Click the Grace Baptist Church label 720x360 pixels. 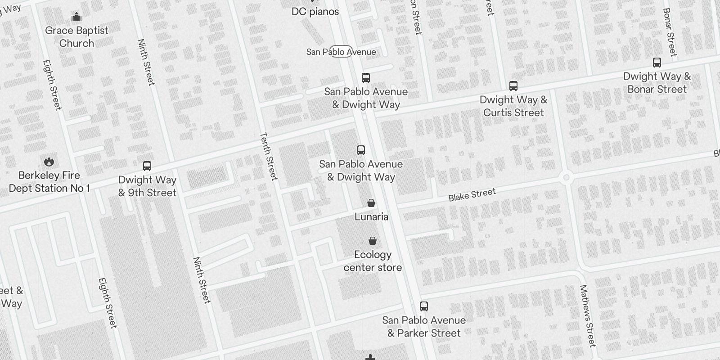pyautogui.click(x=76, y=37)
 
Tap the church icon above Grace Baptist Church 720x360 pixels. pyautogui.click(x=76, y=17)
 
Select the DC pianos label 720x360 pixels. pyautogui.click(x=315, y=12)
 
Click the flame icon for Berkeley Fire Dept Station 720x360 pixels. pyautogui.click(x=49, y=162)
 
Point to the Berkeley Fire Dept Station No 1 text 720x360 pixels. pyautogui.click(x=49, y=182)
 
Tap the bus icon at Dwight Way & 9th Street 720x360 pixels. pyautogui.click(x=147, y=166)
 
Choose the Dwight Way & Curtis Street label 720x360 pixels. pyautogui.click(x=513, y=106)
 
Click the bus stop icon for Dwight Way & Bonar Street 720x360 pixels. pyautogui.click(x=657, y=63)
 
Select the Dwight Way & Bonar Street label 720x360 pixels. pyautogui.click(x=657, y=83)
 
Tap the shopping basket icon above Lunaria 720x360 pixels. pyautogui.click(x=371, y=203)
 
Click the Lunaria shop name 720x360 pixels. pyautogui.click(x=371, y=217)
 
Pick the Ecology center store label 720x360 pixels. pyautogui.click(x=373, y=261)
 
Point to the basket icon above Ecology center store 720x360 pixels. pyautogui.click(x=373, y=241)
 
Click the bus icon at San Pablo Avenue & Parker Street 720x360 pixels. pyautogui.click(x=424, y=306)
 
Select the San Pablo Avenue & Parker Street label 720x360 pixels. pyautogui.click(x=424, y=327)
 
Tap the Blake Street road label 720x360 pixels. pyautogui.click(x=472, y=195)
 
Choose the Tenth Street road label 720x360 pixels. pyautogui.click(x=269, y=156)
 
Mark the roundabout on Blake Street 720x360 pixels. pyautogui.click(x=567, y=177)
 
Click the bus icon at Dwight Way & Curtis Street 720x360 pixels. pyautogui.click(x=513, y=86)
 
